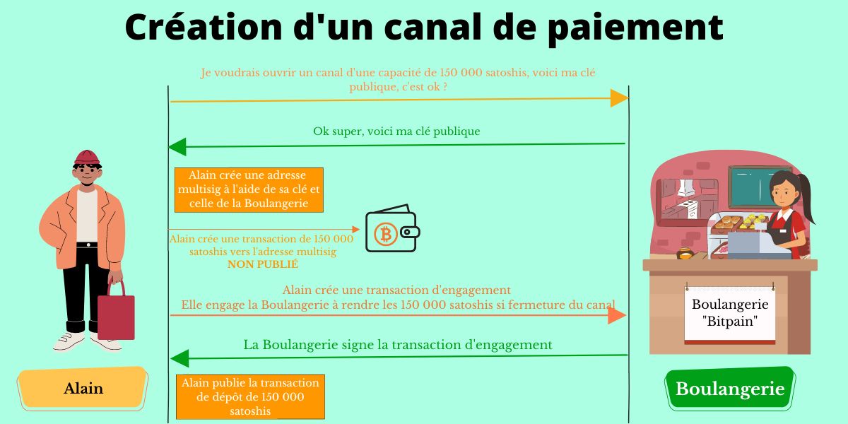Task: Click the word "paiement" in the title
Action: coord(635,28)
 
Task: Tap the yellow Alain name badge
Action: coord(83,388)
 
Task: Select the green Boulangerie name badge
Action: coord(730,389)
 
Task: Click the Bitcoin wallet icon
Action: coord(393,228)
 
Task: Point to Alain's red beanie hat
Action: coord(87,158)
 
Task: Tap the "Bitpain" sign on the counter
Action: coord(730,314)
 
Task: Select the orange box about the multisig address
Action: coord(249,189)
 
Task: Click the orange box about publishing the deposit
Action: coord(250,396)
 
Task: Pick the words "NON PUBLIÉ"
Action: coord(263,264)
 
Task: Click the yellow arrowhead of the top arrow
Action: coord(619,98)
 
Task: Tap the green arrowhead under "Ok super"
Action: coord(177,147)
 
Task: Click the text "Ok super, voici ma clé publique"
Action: coord(396,131)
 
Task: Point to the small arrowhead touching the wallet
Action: coord(355,230)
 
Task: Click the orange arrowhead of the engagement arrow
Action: coord(617,315)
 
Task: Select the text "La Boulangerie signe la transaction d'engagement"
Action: coord(397,345)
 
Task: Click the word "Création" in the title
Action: coord(204,28)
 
